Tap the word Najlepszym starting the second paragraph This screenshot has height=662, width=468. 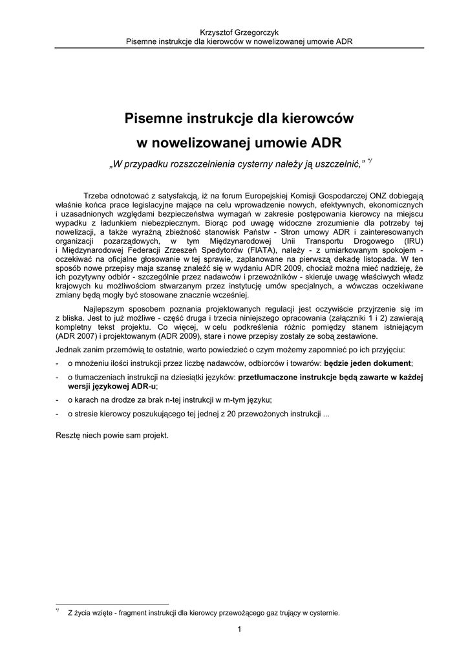point(105,309)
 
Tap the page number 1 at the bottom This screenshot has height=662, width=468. point(239,630)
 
